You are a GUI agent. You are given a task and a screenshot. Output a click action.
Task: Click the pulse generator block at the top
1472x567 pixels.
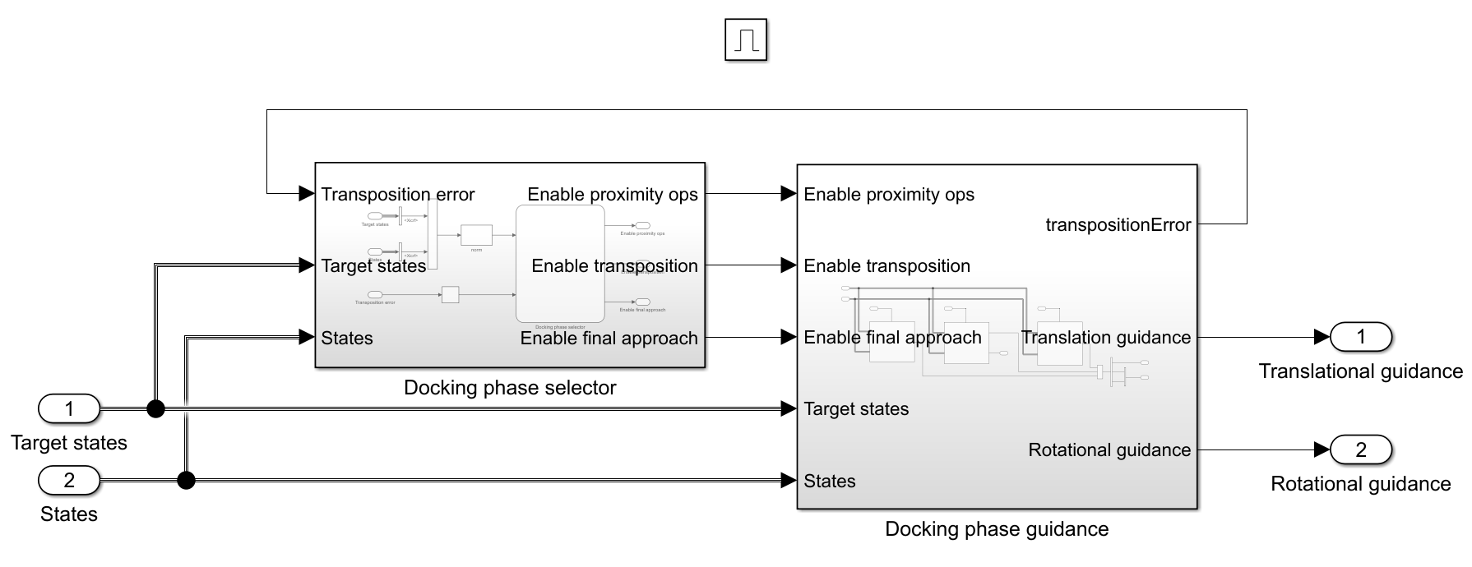coord(746,40)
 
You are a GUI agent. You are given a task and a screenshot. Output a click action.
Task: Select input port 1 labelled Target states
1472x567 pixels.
coord(69,408)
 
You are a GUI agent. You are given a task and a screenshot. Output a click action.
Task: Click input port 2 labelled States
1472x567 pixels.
coord(69,480)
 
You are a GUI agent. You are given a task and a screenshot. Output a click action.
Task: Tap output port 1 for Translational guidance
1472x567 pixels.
coord(1360,336)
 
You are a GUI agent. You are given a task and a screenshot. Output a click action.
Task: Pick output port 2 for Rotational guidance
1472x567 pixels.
coord(1360,449)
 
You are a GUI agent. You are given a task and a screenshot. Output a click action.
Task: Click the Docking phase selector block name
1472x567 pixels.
coord(509,388)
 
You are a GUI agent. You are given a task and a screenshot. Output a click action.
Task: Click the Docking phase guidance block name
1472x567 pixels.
coord(996,529)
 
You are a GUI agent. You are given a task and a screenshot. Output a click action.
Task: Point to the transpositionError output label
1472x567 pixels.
coord(1118,225)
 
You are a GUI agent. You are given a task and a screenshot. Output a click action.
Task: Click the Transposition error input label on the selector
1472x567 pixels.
coord(397,195)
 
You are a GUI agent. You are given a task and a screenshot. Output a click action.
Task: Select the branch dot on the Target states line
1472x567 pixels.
coord(155,408)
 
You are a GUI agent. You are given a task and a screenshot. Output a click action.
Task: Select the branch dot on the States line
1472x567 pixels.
coord(187,480)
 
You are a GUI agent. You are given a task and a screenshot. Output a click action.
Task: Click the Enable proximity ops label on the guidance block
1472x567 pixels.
coord(888,195)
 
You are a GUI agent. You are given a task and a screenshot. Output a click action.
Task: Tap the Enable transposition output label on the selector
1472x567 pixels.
coord(613,266)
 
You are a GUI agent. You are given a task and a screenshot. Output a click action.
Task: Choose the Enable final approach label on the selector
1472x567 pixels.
coord(609,339)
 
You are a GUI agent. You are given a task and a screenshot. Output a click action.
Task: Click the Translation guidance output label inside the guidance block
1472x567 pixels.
coord(1105,338)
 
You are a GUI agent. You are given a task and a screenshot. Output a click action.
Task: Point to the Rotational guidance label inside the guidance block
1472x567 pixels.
coord(1109,450)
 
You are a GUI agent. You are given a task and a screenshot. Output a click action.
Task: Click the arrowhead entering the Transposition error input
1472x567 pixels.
coord(306,194)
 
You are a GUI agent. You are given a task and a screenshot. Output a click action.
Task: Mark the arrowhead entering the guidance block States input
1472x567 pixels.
coord(788,480)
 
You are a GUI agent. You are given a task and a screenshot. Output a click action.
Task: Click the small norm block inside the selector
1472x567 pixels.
coord(476,235)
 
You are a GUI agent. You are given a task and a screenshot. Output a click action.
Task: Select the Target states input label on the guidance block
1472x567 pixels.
coord(855,409)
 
